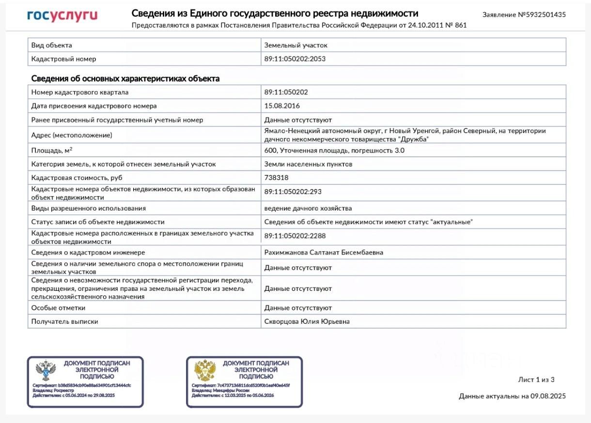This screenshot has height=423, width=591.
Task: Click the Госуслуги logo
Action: [x=62, y=16]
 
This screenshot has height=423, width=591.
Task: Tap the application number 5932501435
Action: [x=542, y=15]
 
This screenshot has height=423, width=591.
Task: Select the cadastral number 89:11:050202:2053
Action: [x=295, y=59]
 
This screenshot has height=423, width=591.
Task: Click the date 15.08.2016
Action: [x=282, y=106]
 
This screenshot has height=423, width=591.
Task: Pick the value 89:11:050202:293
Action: [x=293, y=192]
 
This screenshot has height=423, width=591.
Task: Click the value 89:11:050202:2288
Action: [x=295, y=236]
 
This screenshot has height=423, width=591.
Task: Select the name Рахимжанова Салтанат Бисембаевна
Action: [x=324, y=253]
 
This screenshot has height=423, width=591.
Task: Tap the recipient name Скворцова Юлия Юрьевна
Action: [x=307, y=321]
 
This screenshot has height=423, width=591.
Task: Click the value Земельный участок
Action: [x=296, y=45]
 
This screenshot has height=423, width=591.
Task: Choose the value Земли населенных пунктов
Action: [x=308, y=164]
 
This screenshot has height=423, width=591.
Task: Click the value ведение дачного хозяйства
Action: [x=308, y=208]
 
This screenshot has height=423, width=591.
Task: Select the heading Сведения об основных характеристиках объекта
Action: [x=125, y=78]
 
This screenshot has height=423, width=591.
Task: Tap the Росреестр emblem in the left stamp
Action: [x=46, y=370]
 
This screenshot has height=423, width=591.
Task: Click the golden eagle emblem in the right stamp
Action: [x=205, y=370]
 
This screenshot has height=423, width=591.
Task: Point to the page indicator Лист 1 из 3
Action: [x=536, y=379]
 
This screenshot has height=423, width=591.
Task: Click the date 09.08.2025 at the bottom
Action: [x=547, y=396]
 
